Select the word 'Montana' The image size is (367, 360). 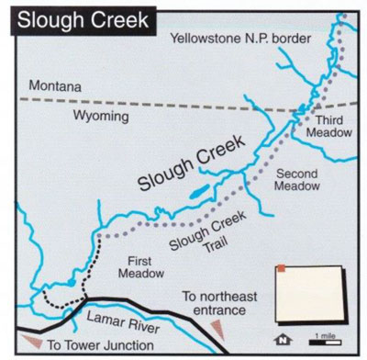54,85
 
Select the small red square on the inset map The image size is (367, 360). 282,268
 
